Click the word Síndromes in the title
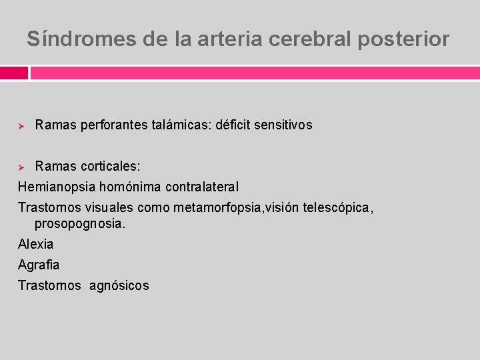(81, 39)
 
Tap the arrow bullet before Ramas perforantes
(21, 125)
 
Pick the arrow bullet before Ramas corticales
(21, 166)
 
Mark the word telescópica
(336, 207)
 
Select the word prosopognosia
(79, 224)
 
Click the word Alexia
(35, 244)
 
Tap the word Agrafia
(39, 265)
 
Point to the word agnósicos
(120, 285)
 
